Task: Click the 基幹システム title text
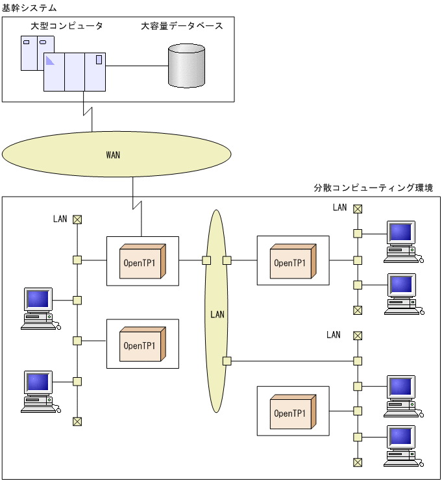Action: [29, 8]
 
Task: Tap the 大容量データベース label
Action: [182, 26]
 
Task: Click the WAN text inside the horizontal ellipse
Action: [113, 155]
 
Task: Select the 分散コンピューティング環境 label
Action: [373, 188]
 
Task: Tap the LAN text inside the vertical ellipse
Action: [217, 314]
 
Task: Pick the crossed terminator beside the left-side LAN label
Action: [77, 219]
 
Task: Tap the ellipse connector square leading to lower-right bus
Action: [227, 361]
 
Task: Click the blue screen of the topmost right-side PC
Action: [400, 232]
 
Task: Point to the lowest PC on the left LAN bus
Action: [39, 391]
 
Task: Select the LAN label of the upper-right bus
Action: [340, 208]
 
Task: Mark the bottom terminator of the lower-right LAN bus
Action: [357, 462]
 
